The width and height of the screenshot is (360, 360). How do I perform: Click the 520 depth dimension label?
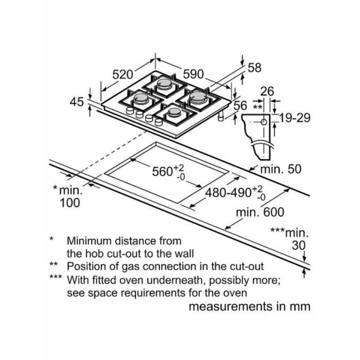(122, 75)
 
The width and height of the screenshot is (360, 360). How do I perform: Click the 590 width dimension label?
(193, 74)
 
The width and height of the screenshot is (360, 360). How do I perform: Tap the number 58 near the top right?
(255, 68)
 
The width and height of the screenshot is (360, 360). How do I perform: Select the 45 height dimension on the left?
(77, 102)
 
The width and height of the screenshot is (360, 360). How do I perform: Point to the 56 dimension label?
(240, 106)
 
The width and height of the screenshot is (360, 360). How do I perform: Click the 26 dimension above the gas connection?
(267, 91)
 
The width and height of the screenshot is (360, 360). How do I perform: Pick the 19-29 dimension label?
(295, 118)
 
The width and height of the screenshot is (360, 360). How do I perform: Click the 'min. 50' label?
(281, 169)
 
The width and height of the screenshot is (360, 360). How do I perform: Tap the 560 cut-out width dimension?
(168, 171)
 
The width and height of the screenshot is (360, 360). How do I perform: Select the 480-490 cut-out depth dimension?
(236, 193)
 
